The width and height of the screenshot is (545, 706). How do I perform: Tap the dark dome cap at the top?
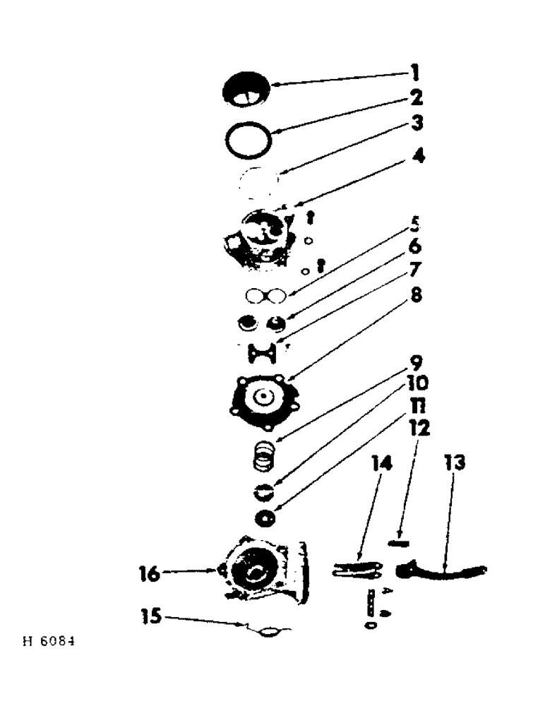[x=248, y=90]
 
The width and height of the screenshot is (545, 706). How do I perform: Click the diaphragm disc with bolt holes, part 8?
[x=263, y=398]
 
